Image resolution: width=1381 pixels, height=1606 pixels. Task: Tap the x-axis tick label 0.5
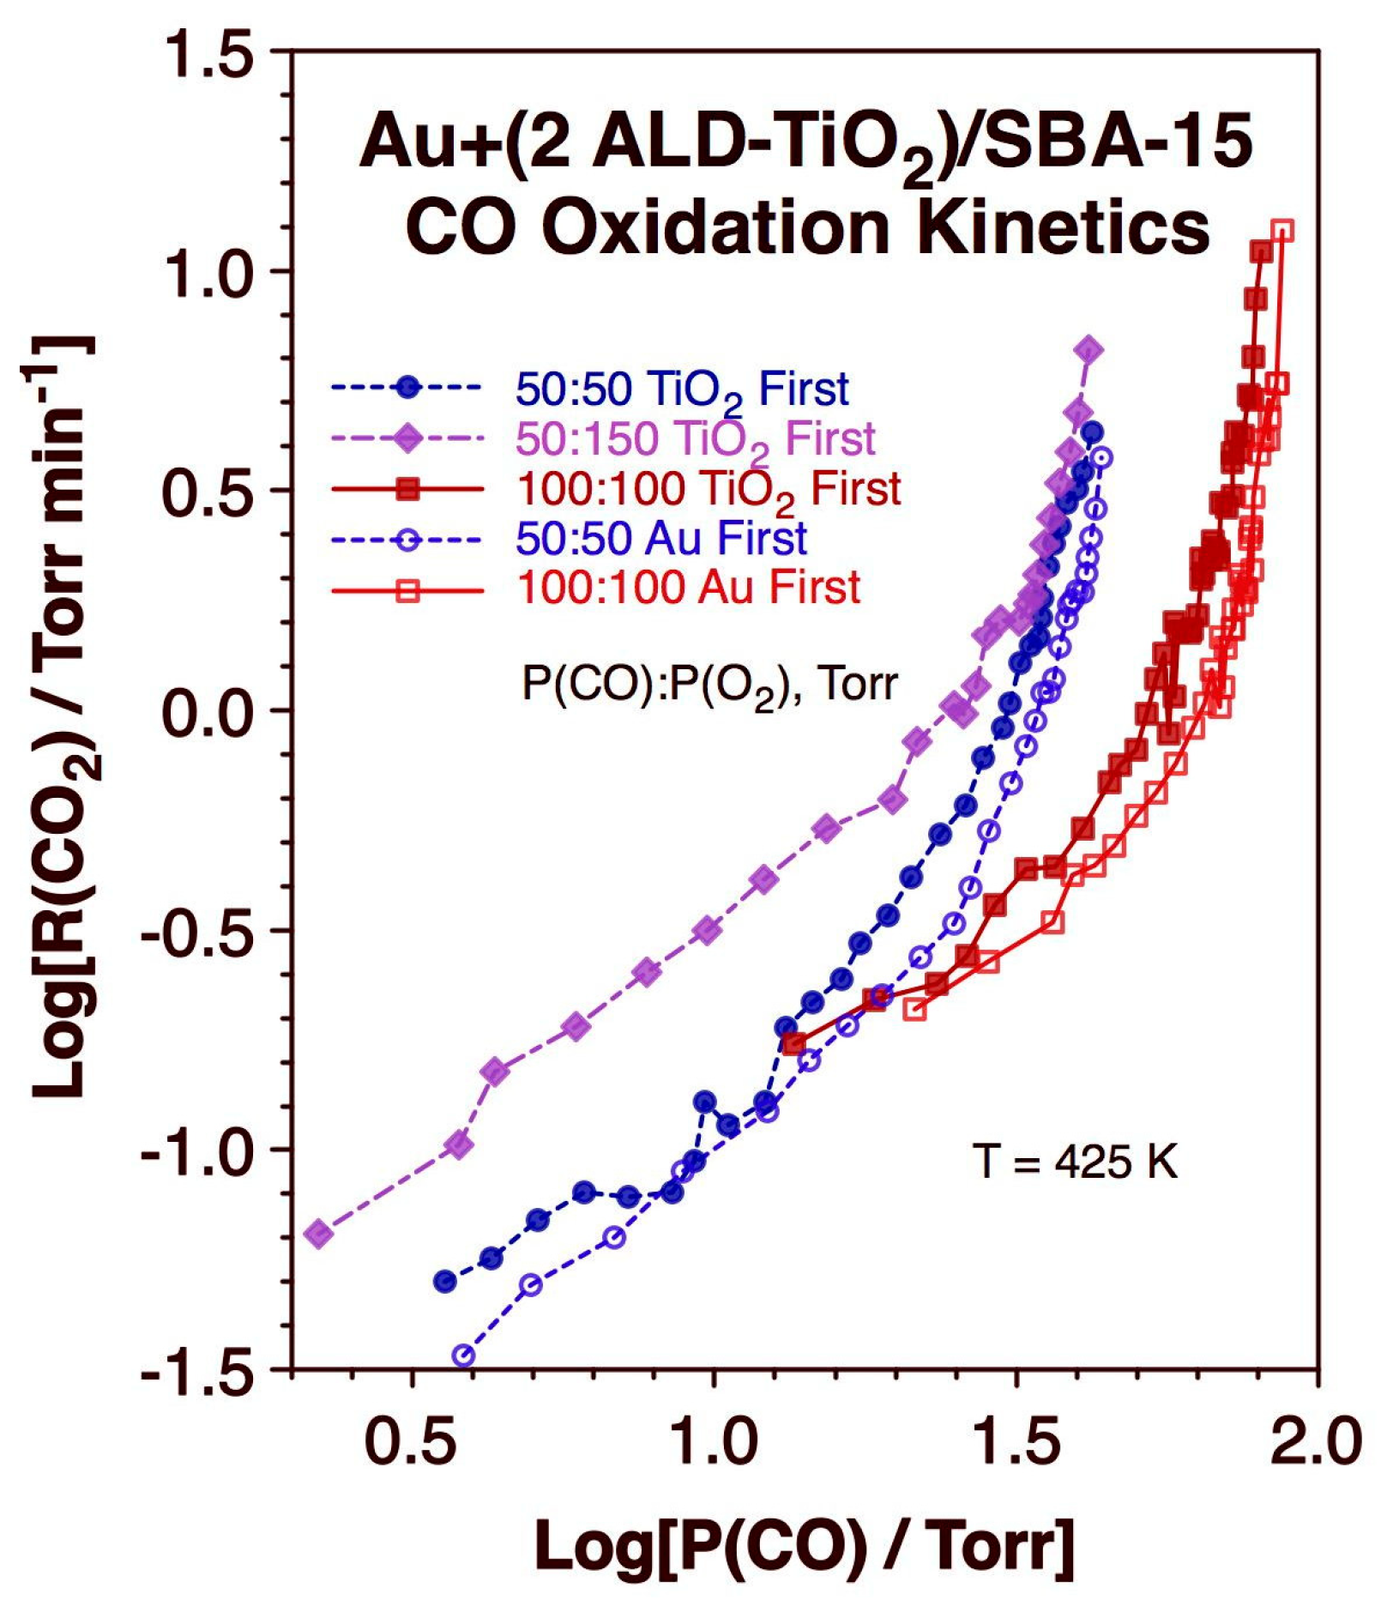tap(413, 1441)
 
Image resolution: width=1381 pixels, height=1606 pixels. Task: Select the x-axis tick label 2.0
tap(1315, 1441)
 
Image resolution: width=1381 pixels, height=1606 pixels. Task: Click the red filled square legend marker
tap(408, 489)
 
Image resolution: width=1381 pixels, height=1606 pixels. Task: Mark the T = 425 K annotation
tap(1075, 1162)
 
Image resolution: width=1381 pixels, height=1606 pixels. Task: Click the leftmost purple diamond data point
tap(319, 1234)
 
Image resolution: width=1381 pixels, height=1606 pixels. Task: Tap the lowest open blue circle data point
tap(463, 1355)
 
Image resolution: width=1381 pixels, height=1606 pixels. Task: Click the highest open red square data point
tap(1282, 231)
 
